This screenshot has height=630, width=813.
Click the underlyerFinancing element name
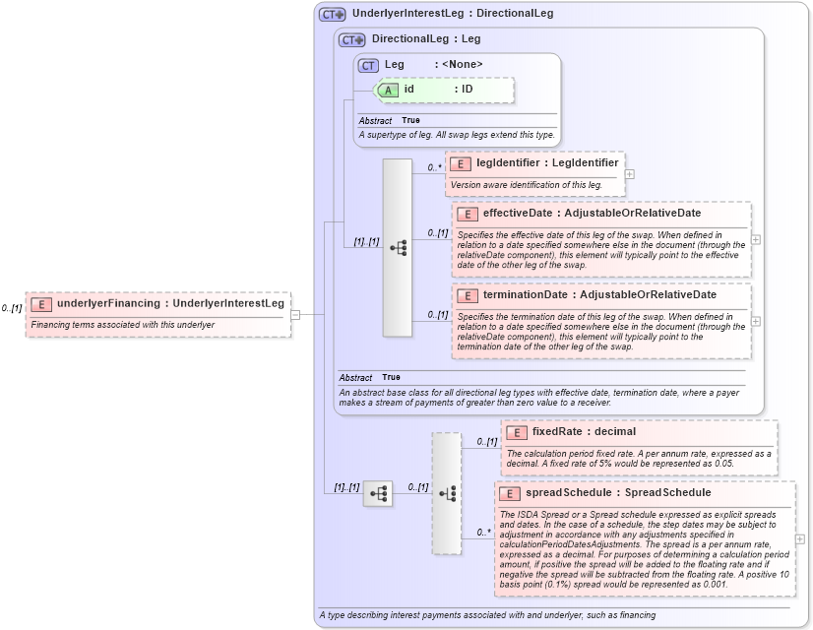[x=108, y=303]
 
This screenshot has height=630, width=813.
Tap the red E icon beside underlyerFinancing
[x=41, y=304]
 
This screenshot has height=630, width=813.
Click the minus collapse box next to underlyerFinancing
[x=295, y=315]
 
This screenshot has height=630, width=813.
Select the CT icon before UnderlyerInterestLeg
[x=333, y=15]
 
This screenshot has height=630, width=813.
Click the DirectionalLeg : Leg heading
[x=426, y=39]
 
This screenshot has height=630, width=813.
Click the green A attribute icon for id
[x=389, y=90]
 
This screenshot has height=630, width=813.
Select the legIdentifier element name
[x=508, y=162]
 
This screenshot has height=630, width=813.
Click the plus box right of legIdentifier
[x=630, y=174]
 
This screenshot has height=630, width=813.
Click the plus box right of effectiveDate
[x=756, y=239]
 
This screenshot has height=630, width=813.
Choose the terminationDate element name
[x=525, y=294]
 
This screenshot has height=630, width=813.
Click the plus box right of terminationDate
[x=756, y=321]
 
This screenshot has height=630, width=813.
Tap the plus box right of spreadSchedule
[x=800, y=539]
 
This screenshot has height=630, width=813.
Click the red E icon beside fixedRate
[x=518, y=432]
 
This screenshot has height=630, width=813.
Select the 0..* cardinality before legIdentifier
[x=434, y=167]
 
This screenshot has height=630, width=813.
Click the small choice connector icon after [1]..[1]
[x=378, y=494]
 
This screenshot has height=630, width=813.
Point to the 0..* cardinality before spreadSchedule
[x=484, y=533]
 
